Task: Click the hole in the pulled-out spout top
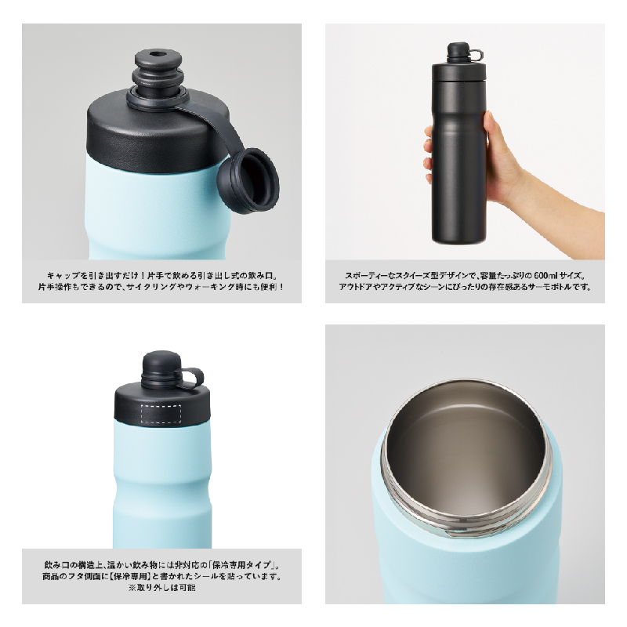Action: (155, 53)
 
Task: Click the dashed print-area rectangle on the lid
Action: (161, 415)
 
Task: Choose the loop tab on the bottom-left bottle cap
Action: (192, 378)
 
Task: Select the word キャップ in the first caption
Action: (60, 276)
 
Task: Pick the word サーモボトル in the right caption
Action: (551, 287)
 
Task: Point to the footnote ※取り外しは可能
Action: (161, 587)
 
